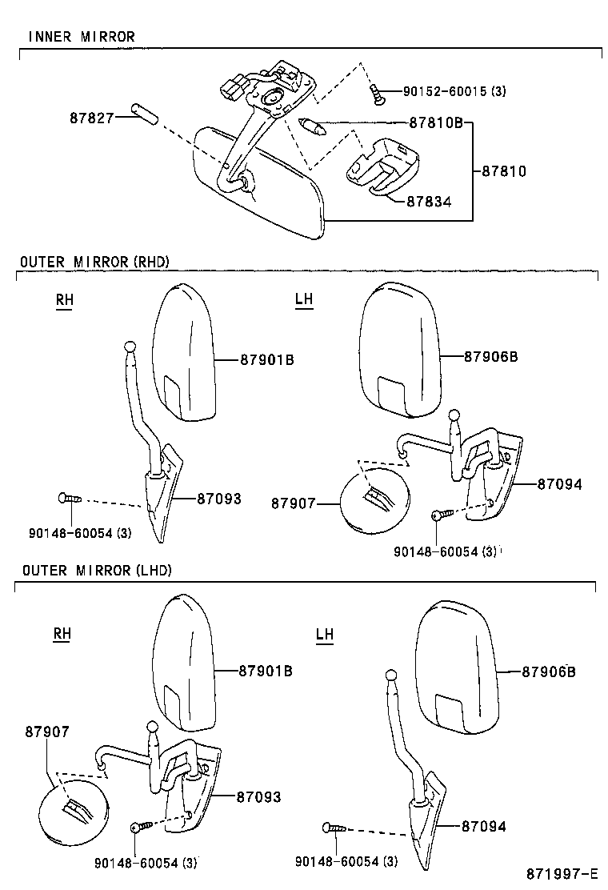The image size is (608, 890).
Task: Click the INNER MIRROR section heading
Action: pyautogui.click(x=82, y=37)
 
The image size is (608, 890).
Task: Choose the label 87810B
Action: pyautogui.click(x=436, y=123)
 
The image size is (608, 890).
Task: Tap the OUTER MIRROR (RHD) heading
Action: pyautogui.click(x=94, y=262)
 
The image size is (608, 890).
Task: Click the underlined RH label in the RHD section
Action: pyautogui.click(x=64, y=300)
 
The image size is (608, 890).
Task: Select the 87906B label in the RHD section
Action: pyautogui.click(x=490, y=357)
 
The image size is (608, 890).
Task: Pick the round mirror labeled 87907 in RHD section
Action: pyautogui.click(x=374, y=505)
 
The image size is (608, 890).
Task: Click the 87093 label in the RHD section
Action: pyautogui.click(x=218, y=499)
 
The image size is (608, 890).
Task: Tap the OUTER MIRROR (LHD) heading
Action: pyautogui.click(x=97, y=570)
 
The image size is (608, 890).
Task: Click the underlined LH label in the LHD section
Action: pyautogui.click(x=324, y=635)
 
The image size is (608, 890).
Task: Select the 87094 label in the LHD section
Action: pyautogui.click(x=484, y=827)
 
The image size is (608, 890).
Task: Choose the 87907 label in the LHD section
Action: pyautogui.click(x=46, y=731)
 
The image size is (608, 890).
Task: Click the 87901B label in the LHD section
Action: pyautogui.click(x=265, y=671)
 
